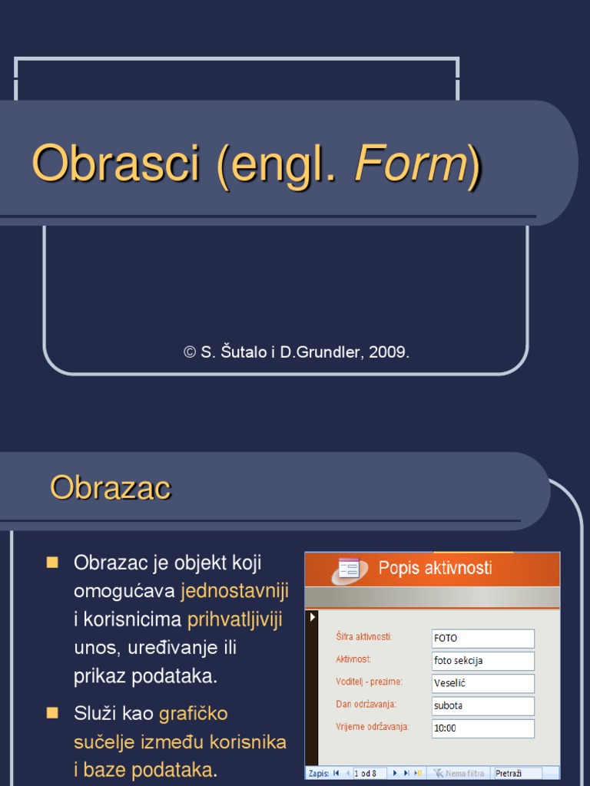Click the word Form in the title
point(410,163)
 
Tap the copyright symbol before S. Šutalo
point(190,352)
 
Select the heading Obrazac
point(111,487)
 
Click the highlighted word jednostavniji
point(234,591)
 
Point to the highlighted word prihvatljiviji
point(235,619)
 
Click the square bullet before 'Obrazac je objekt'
point(53,563)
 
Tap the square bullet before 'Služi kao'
point(53,713)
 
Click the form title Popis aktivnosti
point(435,568)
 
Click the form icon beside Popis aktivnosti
point(349,569)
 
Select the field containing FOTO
point(482,638)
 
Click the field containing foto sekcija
point(482,660)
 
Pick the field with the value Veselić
point(482,683)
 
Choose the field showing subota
point(482,705)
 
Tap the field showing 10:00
point(482,728)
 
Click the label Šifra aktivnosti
point(364,636)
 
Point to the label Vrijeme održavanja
point(372,726)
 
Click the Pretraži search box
point(517,773)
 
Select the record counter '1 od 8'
point(370,773)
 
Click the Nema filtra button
point(459,773)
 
